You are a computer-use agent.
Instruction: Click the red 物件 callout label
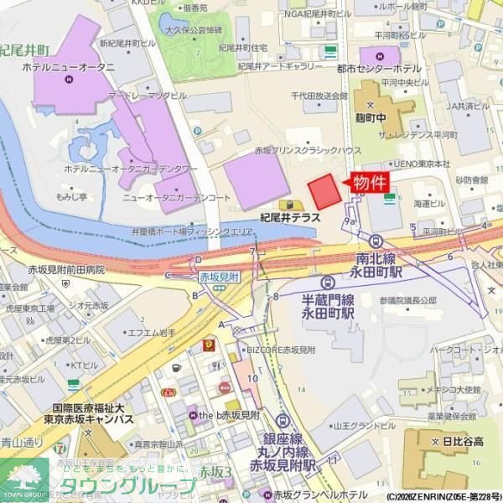[370, 183]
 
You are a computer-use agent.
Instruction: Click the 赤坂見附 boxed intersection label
[218, 275]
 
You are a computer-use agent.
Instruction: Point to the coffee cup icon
[176, 367]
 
